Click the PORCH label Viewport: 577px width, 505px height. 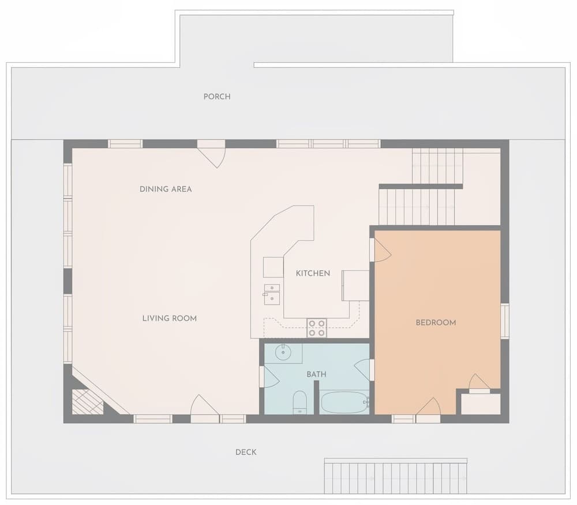[217, 96]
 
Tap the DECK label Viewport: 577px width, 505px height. [246, 452]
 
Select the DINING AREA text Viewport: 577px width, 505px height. [166, 189]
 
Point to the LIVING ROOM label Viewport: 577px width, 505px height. [169, 318]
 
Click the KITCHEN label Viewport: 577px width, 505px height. [313, 273]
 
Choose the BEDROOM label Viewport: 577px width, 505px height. [436, 322]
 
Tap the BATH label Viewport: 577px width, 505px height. [316, 374]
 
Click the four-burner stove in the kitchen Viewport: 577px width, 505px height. [317, 328]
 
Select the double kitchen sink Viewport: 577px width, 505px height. [272, 294]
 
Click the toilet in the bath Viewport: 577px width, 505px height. [299, 402]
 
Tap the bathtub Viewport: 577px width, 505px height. [344, 402]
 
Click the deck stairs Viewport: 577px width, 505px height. [395, 476]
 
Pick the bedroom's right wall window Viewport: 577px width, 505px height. [504, 321]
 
